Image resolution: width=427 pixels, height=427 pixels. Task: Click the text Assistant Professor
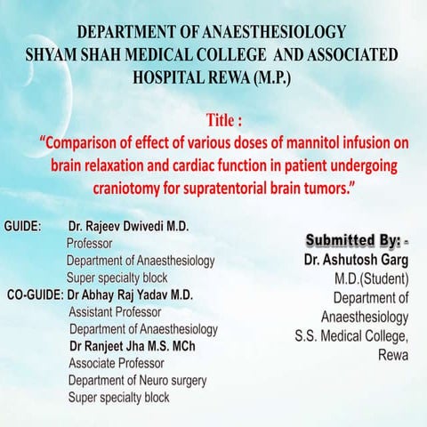tap(115, 312)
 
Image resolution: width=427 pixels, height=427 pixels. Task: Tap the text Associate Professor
tap(116, 363)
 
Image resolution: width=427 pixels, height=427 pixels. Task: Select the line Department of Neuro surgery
tap(137, 380)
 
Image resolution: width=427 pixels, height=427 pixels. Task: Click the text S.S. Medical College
tap(353, 335)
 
